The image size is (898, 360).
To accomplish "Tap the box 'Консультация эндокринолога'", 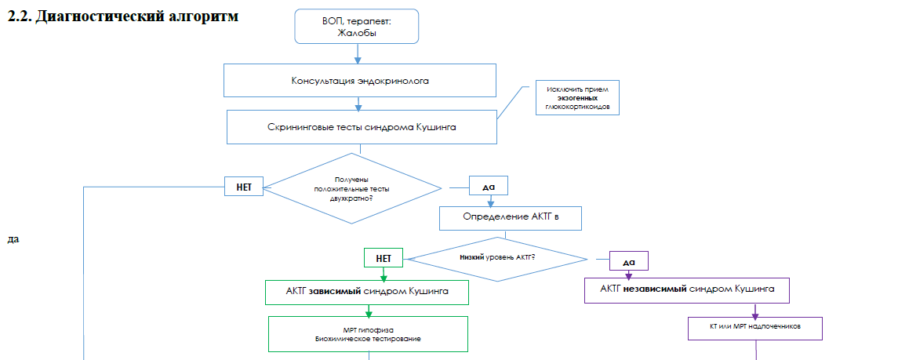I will [x=360, y=81].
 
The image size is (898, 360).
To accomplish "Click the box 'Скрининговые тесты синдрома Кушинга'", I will [x=362, y=127].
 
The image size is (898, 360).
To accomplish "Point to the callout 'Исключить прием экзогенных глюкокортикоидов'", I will [x=576, y=98].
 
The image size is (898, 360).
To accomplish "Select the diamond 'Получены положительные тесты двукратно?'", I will [x=351, y=189].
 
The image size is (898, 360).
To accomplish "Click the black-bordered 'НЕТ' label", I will [x=243, y=188].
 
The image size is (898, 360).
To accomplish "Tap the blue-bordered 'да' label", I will [x=489, y=187].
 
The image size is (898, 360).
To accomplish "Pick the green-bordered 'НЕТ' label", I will [x=384, y=257].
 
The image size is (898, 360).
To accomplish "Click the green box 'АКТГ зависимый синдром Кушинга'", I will [x=367, y=292].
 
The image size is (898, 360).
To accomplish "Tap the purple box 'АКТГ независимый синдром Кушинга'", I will [x=687, y=290].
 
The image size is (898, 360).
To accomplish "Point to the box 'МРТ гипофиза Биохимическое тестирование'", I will [x=368, y=334].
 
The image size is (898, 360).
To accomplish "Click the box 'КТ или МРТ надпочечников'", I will [x=754, y=327].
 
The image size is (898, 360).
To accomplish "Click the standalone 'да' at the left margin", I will [x=13, y=238].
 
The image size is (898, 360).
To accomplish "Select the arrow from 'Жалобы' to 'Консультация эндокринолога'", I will [x=359, y=53].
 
